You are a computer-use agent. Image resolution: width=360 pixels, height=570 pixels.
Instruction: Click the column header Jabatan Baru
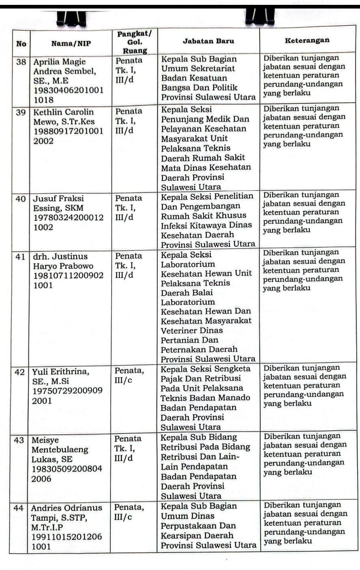[208, 41]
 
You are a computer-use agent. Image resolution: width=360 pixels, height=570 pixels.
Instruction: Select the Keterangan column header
[307, 41]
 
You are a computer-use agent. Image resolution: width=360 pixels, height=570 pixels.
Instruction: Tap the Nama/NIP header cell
[71, 44]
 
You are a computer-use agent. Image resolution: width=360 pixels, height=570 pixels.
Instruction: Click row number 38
[21, 62]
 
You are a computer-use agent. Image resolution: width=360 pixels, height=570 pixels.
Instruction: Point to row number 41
[20, 257]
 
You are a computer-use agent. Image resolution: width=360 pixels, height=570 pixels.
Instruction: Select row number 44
[19, 507]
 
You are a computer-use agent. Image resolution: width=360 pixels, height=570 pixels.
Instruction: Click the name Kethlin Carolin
[63, 112]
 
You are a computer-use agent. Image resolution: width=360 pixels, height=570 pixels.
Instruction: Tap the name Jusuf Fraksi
[58, 199]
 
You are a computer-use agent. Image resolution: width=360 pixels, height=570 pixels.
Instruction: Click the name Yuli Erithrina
[61, 371]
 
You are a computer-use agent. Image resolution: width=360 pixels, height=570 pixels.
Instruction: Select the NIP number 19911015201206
[67, 537]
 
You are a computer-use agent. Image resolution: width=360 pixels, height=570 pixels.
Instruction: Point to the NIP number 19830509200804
[67, 469]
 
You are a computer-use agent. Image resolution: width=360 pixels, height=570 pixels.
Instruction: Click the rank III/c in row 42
[123, 380]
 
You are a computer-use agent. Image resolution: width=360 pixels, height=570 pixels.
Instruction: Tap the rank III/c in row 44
[123, 517]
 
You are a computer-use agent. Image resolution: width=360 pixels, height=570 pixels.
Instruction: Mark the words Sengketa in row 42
[233, 369]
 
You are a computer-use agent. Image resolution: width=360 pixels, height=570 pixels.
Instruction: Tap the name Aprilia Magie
[59, 62]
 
